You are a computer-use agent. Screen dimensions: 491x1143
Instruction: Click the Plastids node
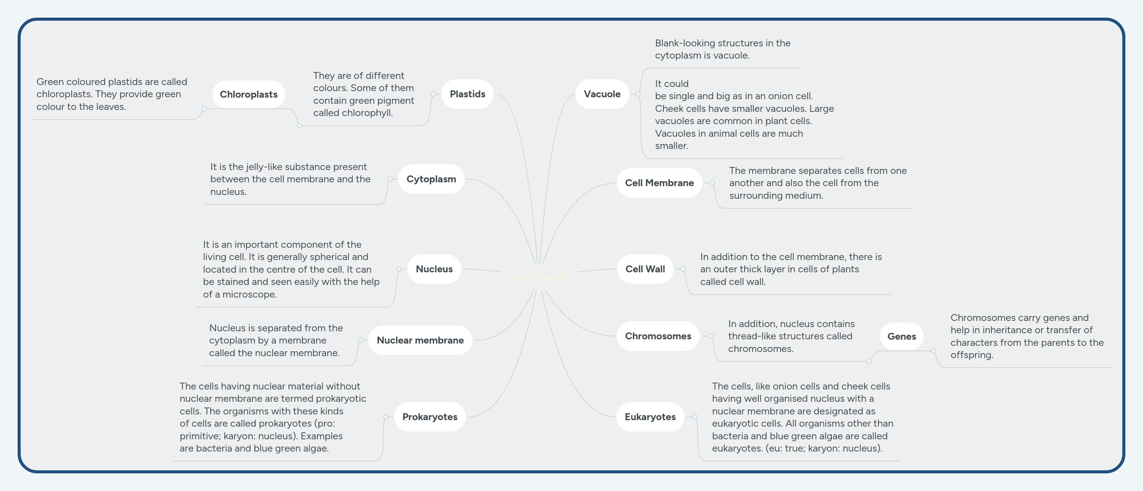[x=467, y=94]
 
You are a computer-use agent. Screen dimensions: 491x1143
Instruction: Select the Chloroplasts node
[x=248, y=95]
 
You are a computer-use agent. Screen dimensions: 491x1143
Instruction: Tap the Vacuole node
[x=602, y=94]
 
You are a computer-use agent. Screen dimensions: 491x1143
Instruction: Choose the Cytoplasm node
[x=431, y=179]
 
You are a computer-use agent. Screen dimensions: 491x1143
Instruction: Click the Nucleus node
[x=434, y=269]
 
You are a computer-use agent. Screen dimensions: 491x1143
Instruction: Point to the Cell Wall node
[x=645, y=269]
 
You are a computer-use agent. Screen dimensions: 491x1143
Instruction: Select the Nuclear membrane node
[x=420, y=340]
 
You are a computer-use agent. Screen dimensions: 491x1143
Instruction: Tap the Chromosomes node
[x=658, y=336]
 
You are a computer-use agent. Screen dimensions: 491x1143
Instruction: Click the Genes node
[x=901, y=337]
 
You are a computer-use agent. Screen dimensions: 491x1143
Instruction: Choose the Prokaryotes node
[x=429, y=417]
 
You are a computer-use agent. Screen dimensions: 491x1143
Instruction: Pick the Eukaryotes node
[x=650, y=417]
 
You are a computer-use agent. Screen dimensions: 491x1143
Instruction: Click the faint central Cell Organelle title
[x=539, y=277]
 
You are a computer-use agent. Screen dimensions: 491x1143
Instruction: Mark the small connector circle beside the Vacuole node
[x=638, y=94]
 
